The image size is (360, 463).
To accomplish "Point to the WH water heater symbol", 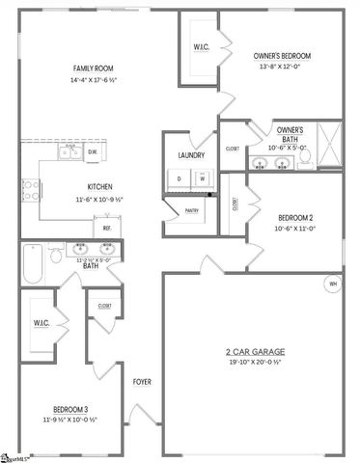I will (333, 285).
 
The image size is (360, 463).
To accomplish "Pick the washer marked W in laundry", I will (204, 178).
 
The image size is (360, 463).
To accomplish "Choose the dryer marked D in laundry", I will (181, 178).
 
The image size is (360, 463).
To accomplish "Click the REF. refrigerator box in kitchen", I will (107, 229).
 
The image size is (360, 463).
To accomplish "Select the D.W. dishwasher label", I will (93, 151).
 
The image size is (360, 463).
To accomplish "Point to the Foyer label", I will (142, 380).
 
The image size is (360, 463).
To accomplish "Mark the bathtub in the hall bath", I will (32, 265).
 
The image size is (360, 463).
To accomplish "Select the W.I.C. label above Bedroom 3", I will (41, 323).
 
